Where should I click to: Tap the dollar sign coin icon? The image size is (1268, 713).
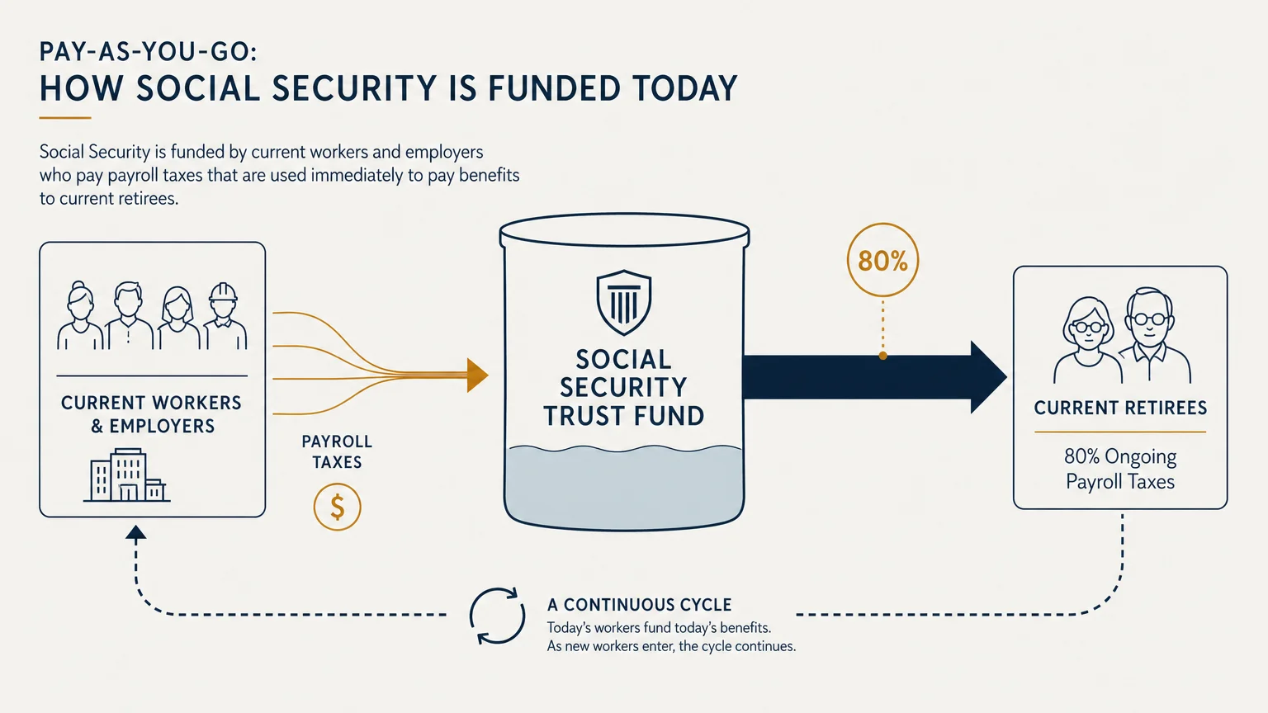(x=338, y=507)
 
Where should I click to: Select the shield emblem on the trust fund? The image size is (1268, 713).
(x=624, y=302)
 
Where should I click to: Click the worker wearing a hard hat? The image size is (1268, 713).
(x=225, y=316)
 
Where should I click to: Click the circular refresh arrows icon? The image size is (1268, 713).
(x=497, y=616)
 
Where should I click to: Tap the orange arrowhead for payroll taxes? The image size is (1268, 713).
(x=477, y=375)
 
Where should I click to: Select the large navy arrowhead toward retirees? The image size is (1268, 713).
(x=988, y=377)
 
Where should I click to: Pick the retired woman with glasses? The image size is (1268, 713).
(x=1087, y=340)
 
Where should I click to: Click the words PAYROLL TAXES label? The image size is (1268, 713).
(x=337, y=451)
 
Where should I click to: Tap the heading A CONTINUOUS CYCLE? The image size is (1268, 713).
(x=639, y=605)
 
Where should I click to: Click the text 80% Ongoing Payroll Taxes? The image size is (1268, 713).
(x=1120, y=469)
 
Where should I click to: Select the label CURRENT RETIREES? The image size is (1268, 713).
(x=1120, y=408)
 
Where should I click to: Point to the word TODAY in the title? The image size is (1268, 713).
(x=685, y=89)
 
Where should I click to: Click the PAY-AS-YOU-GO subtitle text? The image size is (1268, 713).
(x=149, y=52)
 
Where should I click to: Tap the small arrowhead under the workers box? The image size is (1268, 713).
(x=136, y=532)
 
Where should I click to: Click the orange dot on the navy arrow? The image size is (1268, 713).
(x=882, y=356)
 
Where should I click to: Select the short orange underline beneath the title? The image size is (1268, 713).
(x=65, y=118)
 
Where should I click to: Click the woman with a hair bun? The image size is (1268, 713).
(x=80, y=315)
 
